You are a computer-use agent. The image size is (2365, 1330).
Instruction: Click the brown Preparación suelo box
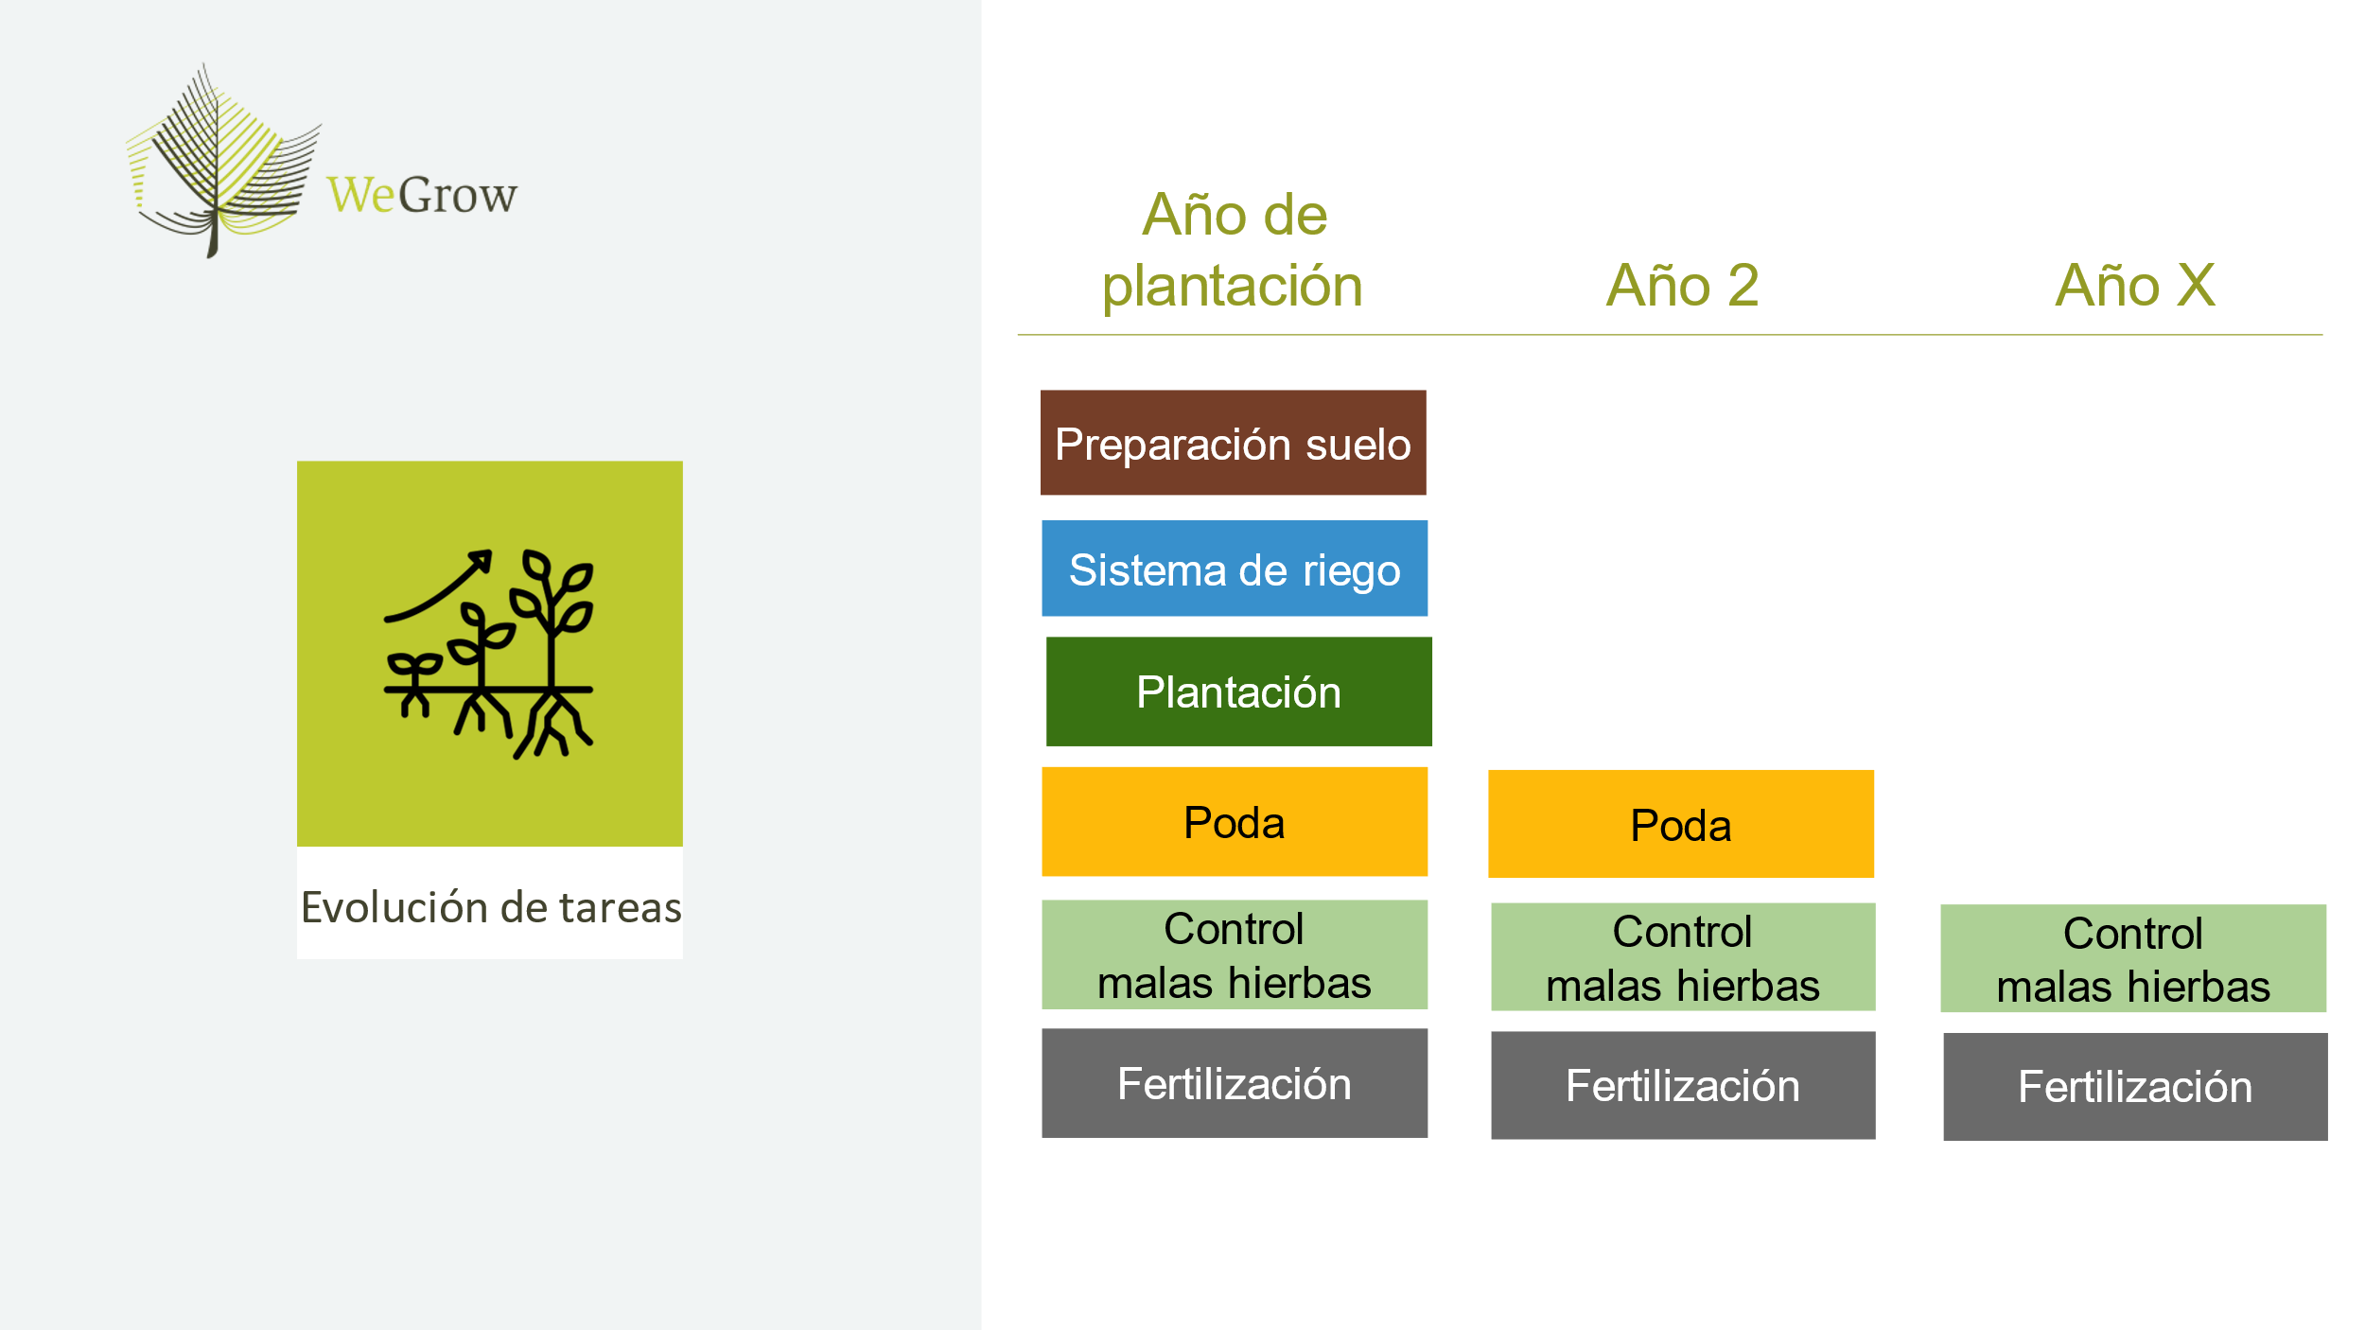[1233, 443]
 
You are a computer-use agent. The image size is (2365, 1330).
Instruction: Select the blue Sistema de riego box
[1235, 569]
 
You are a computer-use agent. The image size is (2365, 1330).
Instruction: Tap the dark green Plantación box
[1238, 691]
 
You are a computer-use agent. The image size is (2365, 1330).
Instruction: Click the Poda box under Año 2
[1681, 824]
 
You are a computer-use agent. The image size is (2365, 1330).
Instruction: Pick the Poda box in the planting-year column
[1235, 821]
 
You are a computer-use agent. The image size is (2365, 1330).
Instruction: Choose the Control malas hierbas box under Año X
[2133, 958]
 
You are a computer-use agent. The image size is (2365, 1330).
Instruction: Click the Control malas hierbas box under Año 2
[1683, 957]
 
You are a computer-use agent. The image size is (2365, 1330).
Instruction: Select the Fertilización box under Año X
[2135, 1087]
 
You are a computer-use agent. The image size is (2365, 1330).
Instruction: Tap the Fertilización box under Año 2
[1683, 1086]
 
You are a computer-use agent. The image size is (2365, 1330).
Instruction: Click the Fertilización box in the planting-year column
[1235, 1083]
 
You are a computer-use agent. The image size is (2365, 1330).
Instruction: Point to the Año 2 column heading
[1683, 285]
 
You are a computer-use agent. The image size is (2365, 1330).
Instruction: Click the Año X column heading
[2135, 285]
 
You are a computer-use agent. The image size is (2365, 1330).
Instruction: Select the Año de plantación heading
[1234, 250]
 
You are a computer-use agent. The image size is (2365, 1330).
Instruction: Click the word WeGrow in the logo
[422, 195]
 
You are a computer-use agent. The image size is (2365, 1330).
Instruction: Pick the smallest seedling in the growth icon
[413, 676]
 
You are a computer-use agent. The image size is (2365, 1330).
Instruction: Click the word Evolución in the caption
[394, 907]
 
